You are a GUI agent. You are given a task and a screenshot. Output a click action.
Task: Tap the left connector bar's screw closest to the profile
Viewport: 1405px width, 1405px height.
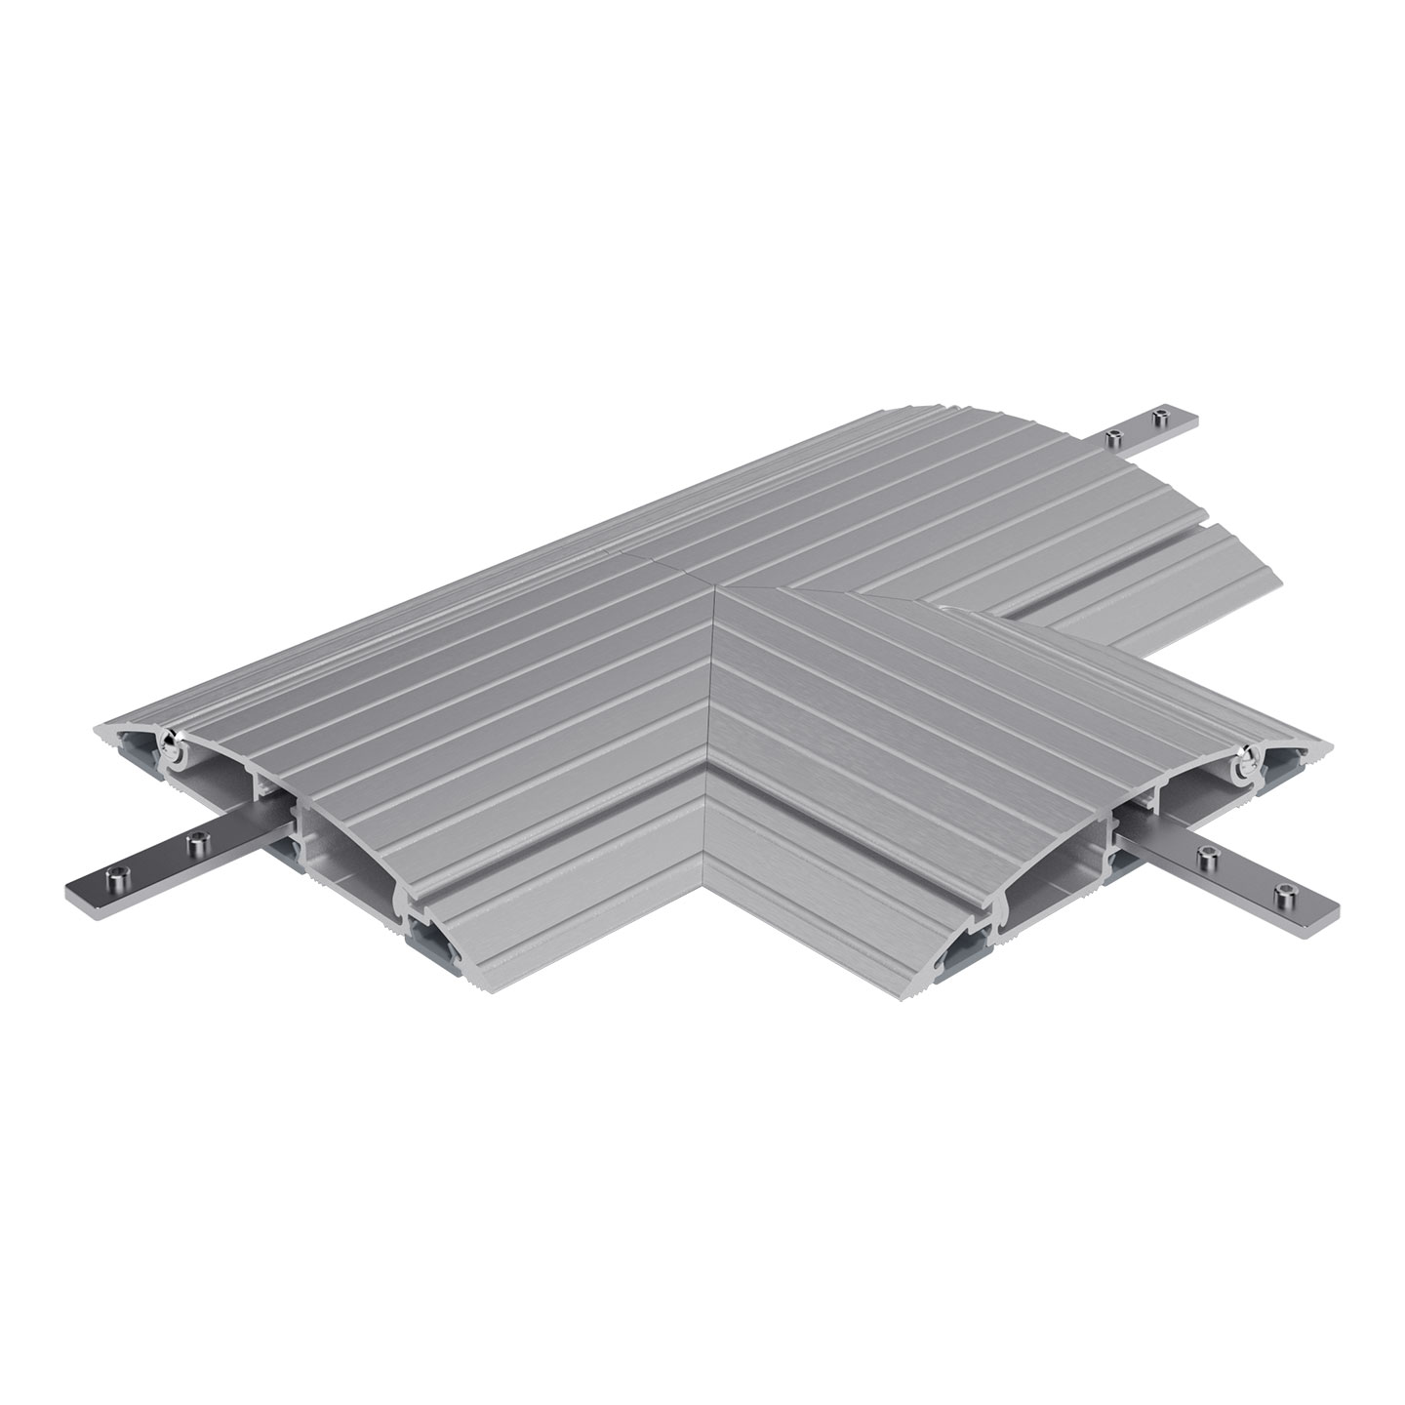pos(200,841)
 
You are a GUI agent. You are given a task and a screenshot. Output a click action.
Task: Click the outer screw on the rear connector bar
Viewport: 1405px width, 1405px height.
pos(1159,419)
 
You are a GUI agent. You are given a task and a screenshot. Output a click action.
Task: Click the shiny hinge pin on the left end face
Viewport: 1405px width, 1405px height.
pos(173,748)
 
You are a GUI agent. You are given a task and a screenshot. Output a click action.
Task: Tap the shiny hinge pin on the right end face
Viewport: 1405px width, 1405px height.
pos(1247,767)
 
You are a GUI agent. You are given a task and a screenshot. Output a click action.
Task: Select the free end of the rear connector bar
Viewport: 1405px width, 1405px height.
pos(1194,412)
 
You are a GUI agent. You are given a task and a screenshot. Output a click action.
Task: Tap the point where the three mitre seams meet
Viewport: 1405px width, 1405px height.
pos(719,589)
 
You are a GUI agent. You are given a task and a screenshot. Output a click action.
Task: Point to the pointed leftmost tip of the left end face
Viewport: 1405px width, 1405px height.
pos(96,732)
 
